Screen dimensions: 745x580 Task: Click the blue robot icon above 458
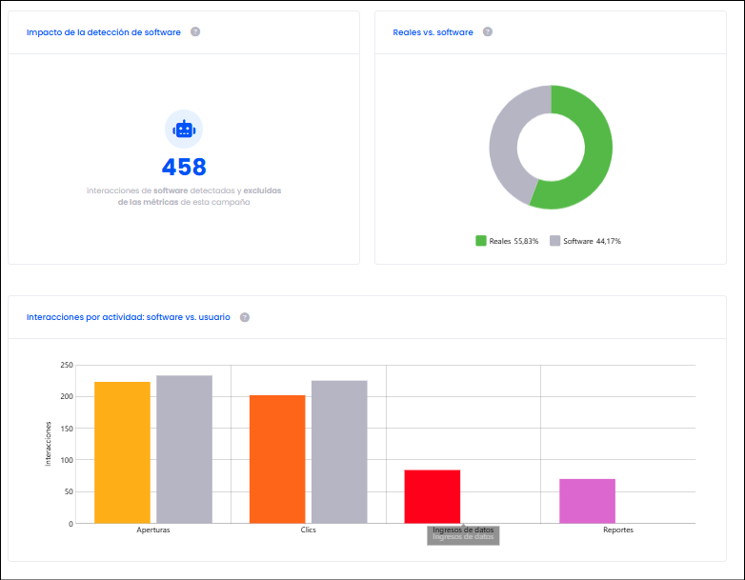click(184, 130)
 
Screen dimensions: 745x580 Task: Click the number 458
click(184, 167)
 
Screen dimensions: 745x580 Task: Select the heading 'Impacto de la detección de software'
click(104, 32)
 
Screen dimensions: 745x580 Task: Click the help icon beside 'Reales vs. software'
click(488, 31)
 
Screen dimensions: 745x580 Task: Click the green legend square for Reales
click(481, 241)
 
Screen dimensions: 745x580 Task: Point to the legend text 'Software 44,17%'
click(592, 241)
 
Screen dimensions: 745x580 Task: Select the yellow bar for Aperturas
click(123, 452)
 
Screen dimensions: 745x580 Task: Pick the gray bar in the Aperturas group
click(185, 450)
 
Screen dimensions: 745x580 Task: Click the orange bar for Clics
click(277, 459)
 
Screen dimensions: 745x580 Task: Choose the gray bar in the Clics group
click(339, 451)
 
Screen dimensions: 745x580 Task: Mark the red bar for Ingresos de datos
click(433, 496)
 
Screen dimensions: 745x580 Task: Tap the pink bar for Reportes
click(587, 501)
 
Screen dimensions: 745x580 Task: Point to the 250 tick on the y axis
click(67, 365)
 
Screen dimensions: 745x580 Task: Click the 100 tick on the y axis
click(67, 460)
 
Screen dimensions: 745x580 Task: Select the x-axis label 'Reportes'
click(618, 530)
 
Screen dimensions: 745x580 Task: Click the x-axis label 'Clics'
click(309, 530)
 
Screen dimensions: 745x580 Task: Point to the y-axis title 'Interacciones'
click(48, 444)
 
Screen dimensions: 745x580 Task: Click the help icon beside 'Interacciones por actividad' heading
click(245, 317)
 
